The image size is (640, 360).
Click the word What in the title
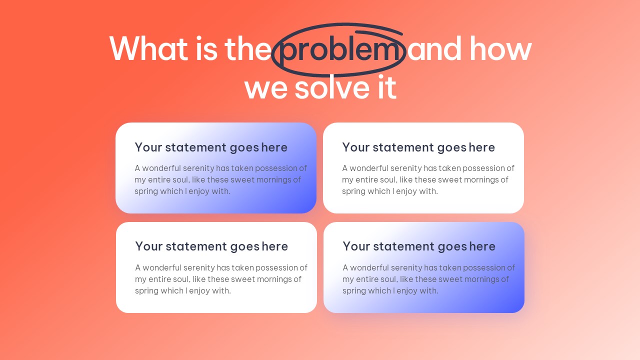(x=148, y=48)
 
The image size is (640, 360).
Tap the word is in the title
(x=206, y=48)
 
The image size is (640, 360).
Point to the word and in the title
(x=434, y=48)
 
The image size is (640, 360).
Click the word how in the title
(x=500, y=48)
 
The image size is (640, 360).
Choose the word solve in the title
(x=332, y=86)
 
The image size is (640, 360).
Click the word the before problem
(x=248, y=48)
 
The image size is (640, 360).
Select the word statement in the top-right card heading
(x=403, y=147)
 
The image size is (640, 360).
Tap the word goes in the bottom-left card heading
(x=244, y=247)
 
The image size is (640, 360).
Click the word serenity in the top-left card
(x=198, y=168)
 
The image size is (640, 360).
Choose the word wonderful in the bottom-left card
(x=162, y=267)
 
